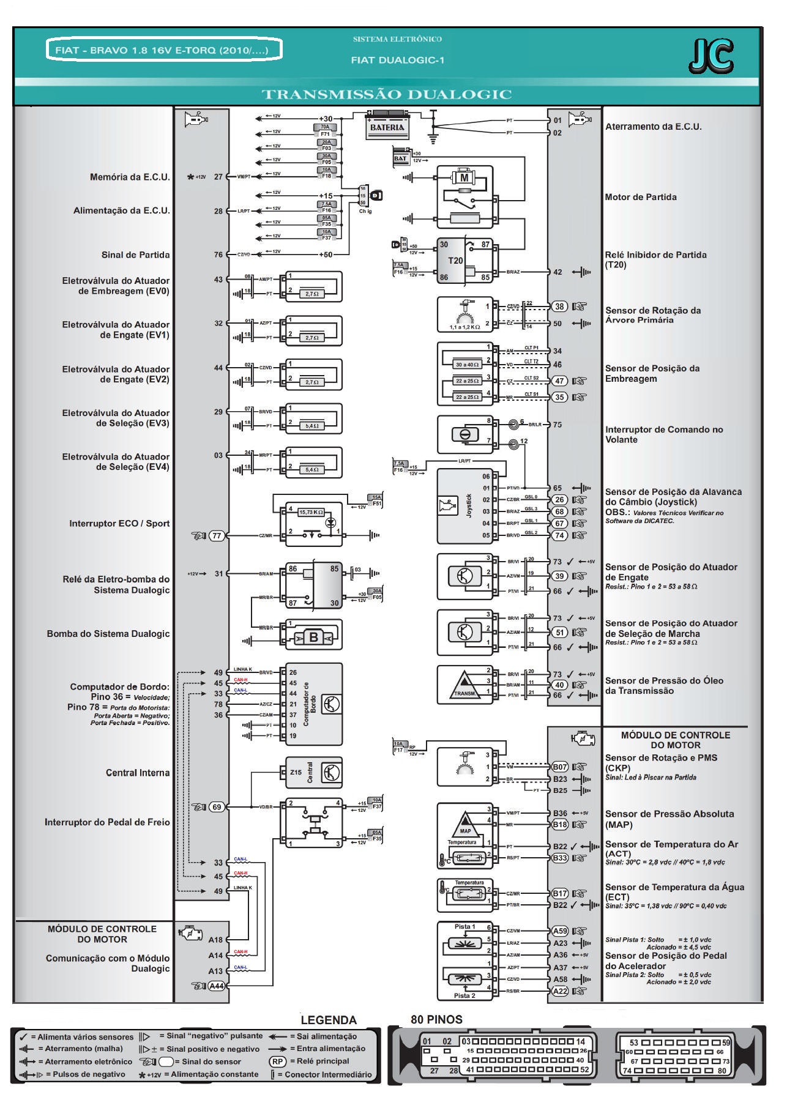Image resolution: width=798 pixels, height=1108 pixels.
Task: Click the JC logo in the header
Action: pyautogui.click(x=711, y=56)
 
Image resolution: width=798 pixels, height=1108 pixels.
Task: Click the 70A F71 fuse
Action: pyautogui.click(x=326, y=130)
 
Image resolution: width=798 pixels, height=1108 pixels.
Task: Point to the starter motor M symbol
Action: pyautogui.click(x=464, y=177)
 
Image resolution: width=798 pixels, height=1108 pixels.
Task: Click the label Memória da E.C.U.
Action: pyautogui.click(x=130, y=177)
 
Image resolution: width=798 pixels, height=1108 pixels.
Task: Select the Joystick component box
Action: pyautogui.click(x=465, y=506)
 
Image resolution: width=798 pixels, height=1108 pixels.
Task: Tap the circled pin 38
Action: pyautogui.click(x=559, y=307)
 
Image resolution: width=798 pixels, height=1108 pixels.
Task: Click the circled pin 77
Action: pyautogui.click(x=217, y=536)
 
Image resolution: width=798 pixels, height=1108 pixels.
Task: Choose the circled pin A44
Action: pyautogui.click(x=217, y=986)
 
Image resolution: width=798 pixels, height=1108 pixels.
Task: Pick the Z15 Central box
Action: pyautogui.click(x=313, y=772)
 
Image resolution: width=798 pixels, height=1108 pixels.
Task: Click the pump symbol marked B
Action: pyautogui.click(x=313, y=637)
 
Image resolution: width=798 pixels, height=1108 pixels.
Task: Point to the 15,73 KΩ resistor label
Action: pyautogui.click(x=310, y=512)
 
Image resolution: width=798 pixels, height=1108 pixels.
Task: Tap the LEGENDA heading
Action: pyautogui.click(x=329, y=1020)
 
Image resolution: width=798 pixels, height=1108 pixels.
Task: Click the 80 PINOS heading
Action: pyautogui.click(x=436, y=1019)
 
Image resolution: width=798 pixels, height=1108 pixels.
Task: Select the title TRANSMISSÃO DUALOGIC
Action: pyautogui.click(x=387, y=94)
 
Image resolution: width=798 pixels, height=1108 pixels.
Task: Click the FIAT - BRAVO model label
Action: pyautogui.click(x=163, y=50)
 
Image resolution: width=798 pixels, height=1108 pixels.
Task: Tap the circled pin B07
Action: pyautogui.click(x=560, y=767)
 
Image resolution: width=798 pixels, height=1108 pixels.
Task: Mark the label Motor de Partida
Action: pyautogui.click(x=641, y=197)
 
